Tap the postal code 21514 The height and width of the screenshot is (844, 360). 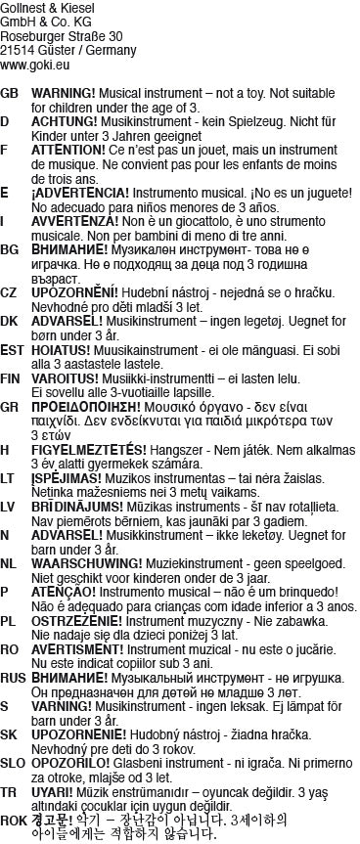[x=17, y=51]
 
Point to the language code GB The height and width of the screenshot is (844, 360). [x=11, y=92]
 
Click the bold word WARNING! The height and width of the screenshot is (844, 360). [x=64, y=92]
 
